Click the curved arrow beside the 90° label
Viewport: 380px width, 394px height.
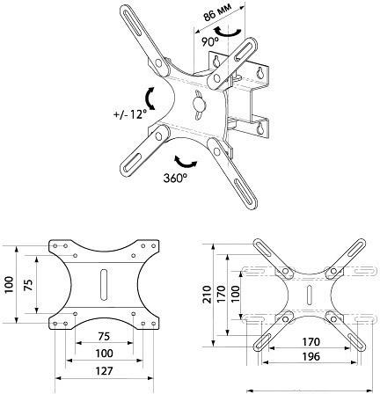230,32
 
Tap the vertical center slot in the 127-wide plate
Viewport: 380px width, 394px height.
102,286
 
